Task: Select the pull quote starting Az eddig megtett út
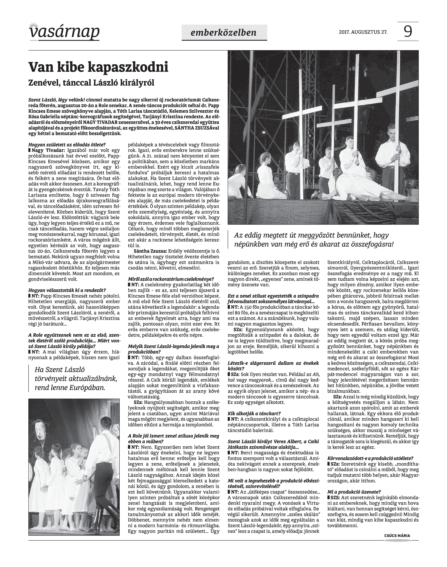(314, 240)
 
